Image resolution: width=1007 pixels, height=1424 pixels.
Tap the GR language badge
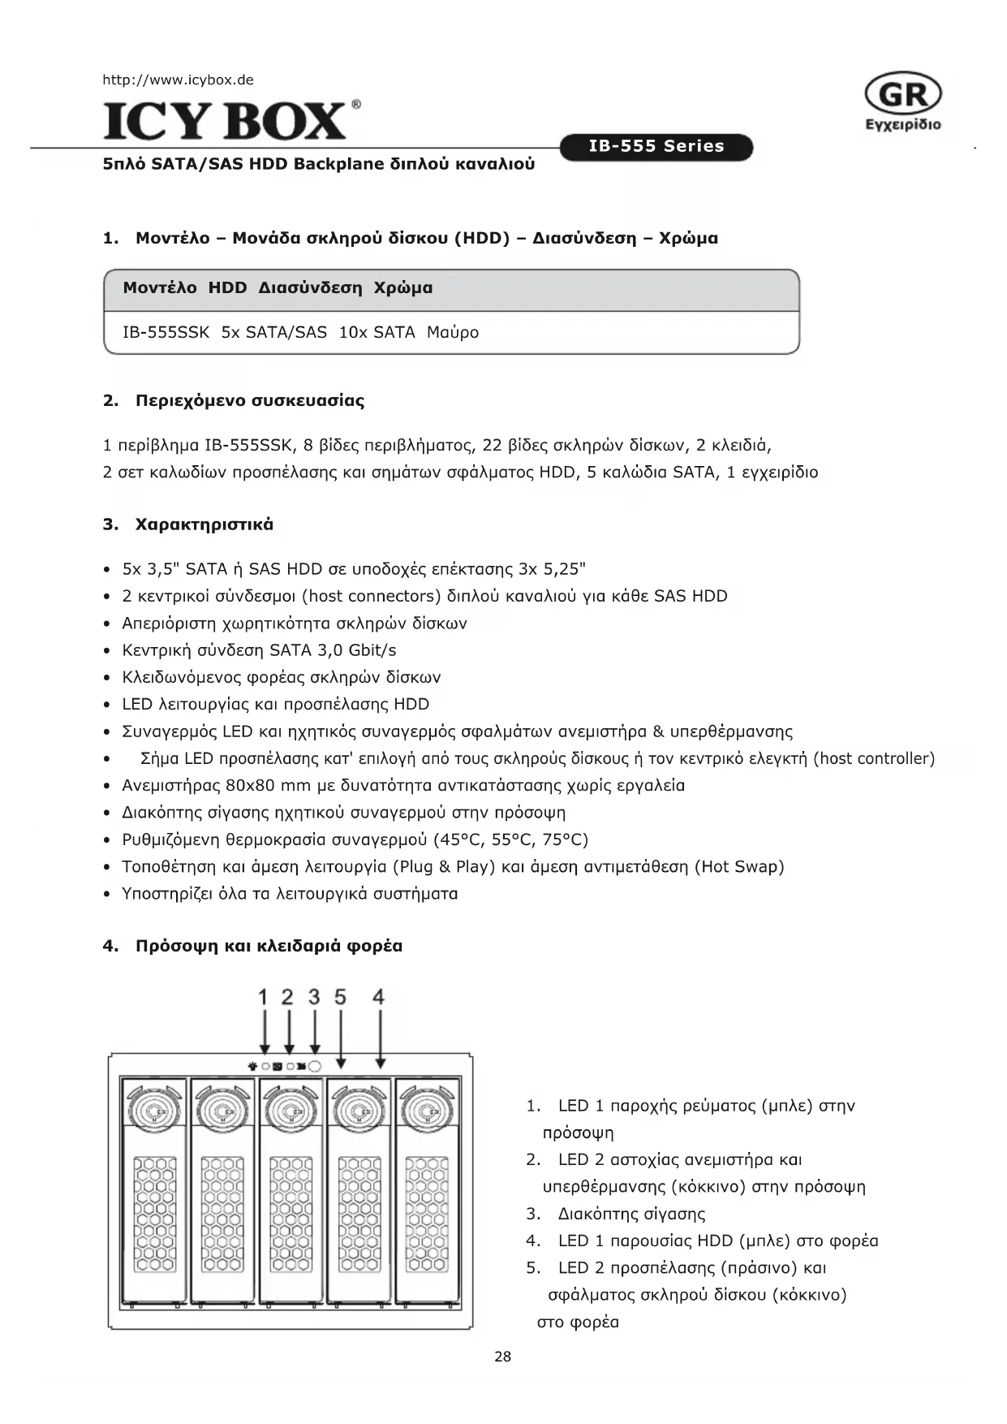pyautogui.click(x=903, y=95)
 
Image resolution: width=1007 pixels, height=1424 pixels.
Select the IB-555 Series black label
pyautogui.click(x=656, y=147)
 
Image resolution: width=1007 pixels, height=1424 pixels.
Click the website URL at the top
pyautogui.click(x=178, y=80)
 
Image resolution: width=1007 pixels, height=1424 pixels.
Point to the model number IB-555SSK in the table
pyautogui.click(x=166, y=332)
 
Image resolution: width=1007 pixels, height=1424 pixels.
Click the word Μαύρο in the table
pyautogui.click(x=453, y=332)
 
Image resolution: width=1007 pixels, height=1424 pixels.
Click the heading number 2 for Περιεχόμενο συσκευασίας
pyautogui.click(x=110, y=400)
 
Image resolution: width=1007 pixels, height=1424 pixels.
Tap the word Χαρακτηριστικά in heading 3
pyautogui.click(x=204, y=524)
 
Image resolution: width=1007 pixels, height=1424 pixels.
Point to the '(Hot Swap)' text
pyautogui.click(x=739, y=866)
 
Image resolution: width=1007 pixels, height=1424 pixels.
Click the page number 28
pyautogui.click(x=503, y=1357)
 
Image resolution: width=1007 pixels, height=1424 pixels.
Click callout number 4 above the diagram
pyautogui.click(x=378, y=997)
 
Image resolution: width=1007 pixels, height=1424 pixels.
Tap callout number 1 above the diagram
pyautogui.click(x=263, y=997)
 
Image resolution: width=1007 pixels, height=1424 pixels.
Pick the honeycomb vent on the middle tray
pyautogui.click(x=290, y=1214)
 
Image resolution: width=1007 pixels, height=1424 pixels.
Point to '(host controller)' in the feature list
pyautogui.click(x=874, y=758)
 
